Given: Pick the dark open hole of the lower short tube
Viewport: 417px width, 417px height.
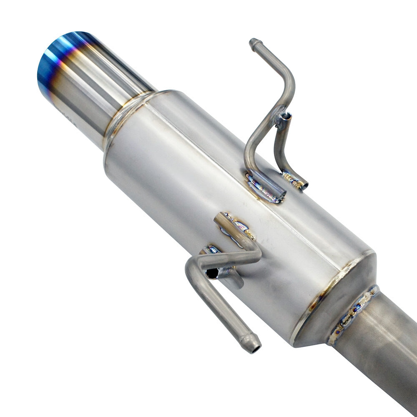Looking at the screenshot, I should pyautogui.click(x=212, y=273).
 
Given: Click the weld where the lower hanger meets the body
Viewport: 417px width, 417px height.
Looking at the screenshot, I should pyautogui.click(x=238, y=225).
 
